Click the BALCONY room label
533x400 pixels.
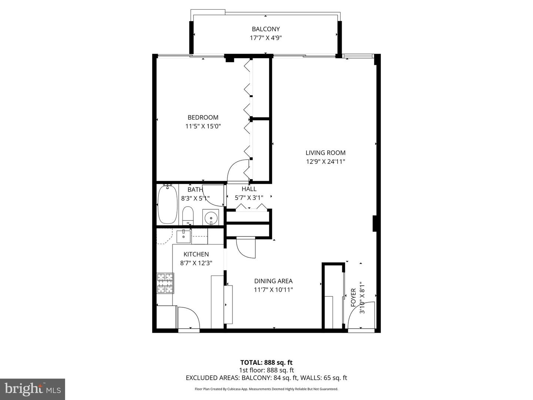(x=266, y=29)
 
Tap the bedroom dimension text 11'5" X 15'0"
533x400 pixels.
(x=203, y=126)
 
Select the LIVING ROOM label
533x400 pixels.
(x=325, y=153)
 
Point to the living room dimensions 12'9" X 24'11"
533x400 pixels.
(x=325, y=161)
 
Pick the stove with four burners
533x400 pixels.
(x=165, y=283)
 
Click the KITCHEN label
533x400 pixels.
(x=196, y=254)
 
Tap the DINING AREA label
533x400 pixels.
(x=273, y=281)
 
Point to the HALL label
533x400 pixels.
(x=249, y=189)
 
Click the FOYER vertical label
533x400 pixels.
(x=353, y=297)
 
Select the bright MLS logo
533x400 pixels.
(x=33, y=389)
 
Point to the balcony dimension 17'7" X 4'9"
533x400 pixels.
(x=266, y=38)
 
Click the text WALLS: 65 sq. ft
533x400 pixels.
(x=324, y=378)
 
